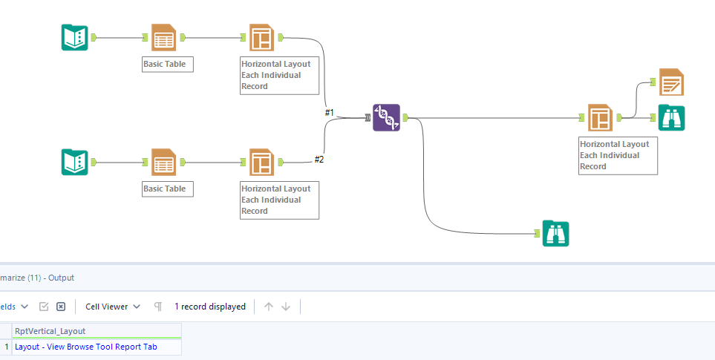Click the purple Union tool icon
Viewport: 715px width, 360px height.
tap(386, 118)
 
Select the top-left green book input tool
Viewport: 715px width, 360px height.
tap(74, 37)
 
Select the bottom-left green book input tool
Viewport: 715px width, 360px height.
tap(74, 162)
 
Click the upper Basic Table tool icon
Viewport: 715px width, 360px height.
tap(163, 37)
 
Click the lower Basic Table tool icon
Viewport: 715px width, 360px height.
tap(163, 162)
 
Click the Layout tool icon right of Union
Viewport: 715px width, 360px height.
tap(600, 117)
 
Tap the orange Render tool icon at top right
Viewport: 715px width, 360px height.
tap(671, 82)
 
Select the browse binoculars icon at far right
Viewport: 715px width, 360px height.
tap(671, 117)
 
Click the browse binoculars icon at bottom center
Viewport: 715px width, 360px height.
tap(555, 233)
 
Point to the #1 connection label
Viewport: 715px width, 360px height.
tap(330, 113)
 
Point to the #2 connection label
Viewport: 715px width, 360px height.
tap(319, 159)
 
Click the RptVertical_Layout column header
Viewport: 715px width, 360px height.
tap(50, 331)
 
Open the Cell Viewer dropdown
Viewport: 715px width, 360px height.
tap(113, 307)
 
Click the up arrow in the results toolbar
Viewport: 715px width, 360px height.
tap(269, 307)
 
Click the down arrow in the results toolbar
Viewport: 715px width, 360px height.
tap(286, 307)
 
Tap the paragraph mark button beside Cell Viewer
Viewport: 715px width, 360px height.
tap(157, 307)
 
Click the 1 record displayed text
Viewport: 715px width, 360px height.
tap(210, 307)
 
